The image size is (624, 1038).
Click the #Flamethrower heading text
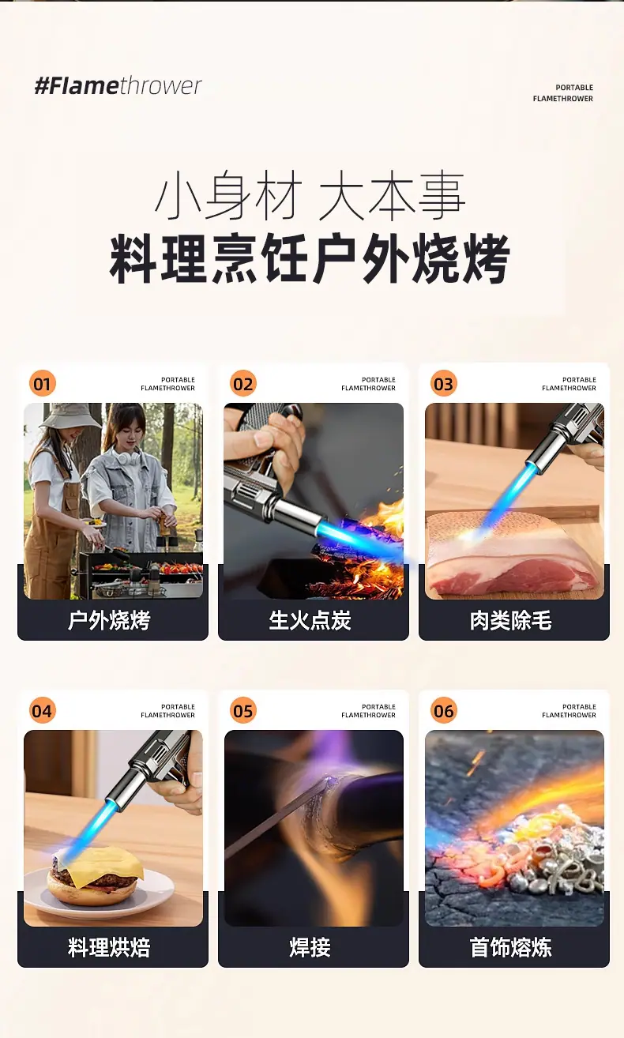(x=118, y=86)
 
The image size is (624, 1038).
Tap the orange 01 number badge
(x=42, y=383)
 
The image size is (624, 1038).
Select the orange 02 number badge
(x=242, y=383)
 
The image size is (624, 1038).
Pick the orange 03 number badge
(x=443, y=383)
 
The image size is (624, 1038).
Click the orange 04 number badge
(x=42, y=710)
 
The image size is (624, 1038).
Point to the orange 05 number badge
(x=242, y=710)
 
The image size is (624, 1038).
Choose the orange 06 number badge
(x=443, y=710)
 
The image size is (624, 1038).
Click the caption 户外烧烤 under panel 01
(x=109, y=620)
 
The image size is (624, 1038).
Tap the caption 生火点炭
(x=310, y=620)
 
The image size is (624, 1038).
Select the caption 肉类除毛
(x=510, y=620)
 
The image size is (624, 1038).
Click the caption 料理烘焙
(x=109, y=947)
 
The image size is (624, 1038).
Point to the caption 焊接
(x=310, y=947)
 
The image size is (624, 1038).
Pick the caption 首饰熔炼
(x=510, y=947)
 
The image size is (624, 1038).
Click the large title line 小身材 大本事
(x=310, y=195)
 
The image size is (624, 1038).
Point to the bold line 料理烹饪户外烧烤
(x=310, y=258)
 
